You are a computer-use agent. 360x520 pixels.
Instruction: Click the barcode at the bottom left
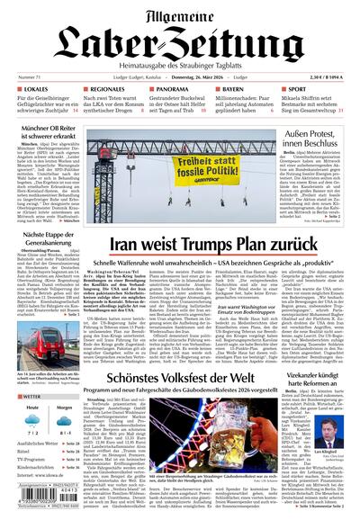(x=40, y=503)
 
